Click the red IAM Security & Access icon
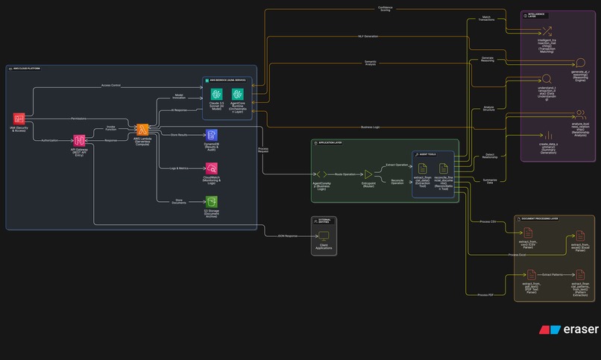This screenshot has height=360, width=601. pos(19,119)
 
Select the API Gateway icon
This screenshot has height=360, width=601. pos(80,140)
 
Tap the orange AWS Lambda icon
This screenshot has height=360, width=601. pos(142,129)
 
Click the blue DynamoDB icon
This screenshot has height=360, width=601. pos(212,135)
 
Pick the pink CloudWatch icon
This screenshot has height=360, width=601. pos(212,168)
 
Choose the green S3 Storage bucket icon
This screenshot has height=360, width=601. pos(212,202)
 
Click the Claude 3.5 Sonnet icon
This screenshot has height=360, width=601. pos(217,94)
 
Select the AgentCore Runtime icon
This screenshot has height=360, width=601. pos(238,94)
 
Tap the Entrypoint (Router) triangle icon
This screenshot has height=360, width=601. pos(368,174)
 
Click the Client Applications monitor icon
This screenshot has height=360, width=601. pos(324,236)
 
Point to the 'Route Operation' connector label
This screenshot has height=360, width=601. pos(344,174)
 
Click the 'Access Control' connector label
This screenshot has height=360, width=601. pos(111,86)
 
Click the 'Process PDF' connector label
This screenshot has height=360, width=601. pos(485,295)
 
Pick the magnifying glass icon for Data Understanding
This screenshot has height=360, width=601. pos(547,78)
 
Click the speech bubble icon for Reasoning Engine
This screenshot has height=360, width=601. pos(581,63)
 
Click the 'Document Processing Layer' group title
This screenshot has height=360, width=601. pos(541,219)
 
